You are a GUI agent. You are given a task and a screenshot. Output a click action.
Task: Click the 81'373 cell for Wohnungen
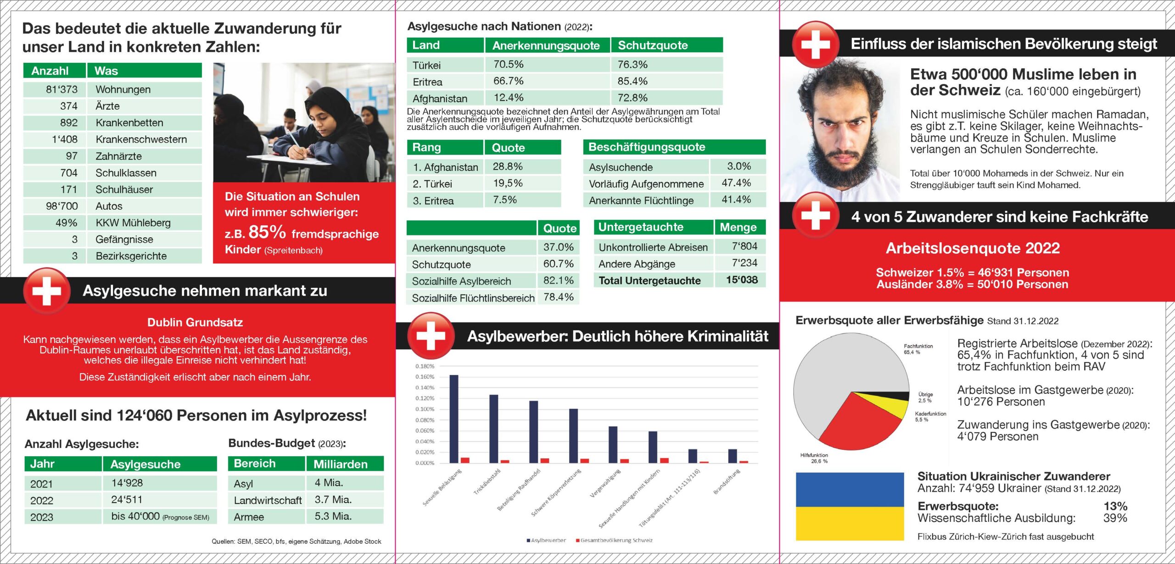pyautogui.click(x=62, y=89)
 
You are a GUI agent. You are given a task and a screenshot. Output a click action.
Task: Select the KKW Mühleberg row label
pyautogui.click(x=133, y=223)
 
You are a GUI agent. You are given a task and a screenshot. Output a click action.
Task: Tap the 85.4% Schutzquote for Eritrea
pyautogui.click(x=632, y=81)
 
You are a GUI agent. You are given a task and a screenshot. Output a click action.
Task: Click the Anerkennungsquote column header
pyautogui.click(x=546, y=45)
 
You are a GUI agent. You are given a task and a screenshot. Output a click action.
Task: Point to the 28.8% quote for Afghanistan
pyautogui.click(x=508, y=167)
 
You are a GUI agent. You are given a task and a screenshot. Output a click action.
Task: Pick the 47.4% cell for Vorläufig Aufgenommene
pyautogui.click(x=736, y=183)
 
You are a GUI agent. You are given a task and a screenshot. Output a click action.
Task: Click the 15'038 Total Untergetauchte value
pyautogui.click(x=742, y=280)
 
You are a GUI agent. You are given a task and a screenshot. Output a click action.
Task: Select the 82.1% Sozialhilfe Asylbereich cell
pyautogui.click(x=558, y=280)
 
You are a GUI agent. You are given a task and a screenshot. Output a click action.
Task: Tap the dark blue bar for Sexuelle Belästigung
pyautogui.click(x=453, y=419)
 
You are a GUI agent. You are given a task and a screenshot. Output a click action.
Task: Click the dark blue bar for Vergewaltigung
pyautogui.click(x=613, y=444)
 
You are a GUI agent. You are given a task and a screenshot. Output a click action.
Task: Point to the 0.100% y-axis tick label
pyautogui.click(x=425, y=409)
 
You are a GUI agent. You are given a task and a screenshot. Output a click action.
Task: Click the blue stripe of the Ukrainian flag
pyautogui.click(x=849, y=489)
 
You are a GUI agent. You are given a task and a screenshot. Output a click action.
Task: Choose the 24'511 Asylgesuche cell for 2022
pyautogui.click(x=127, y=499)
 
